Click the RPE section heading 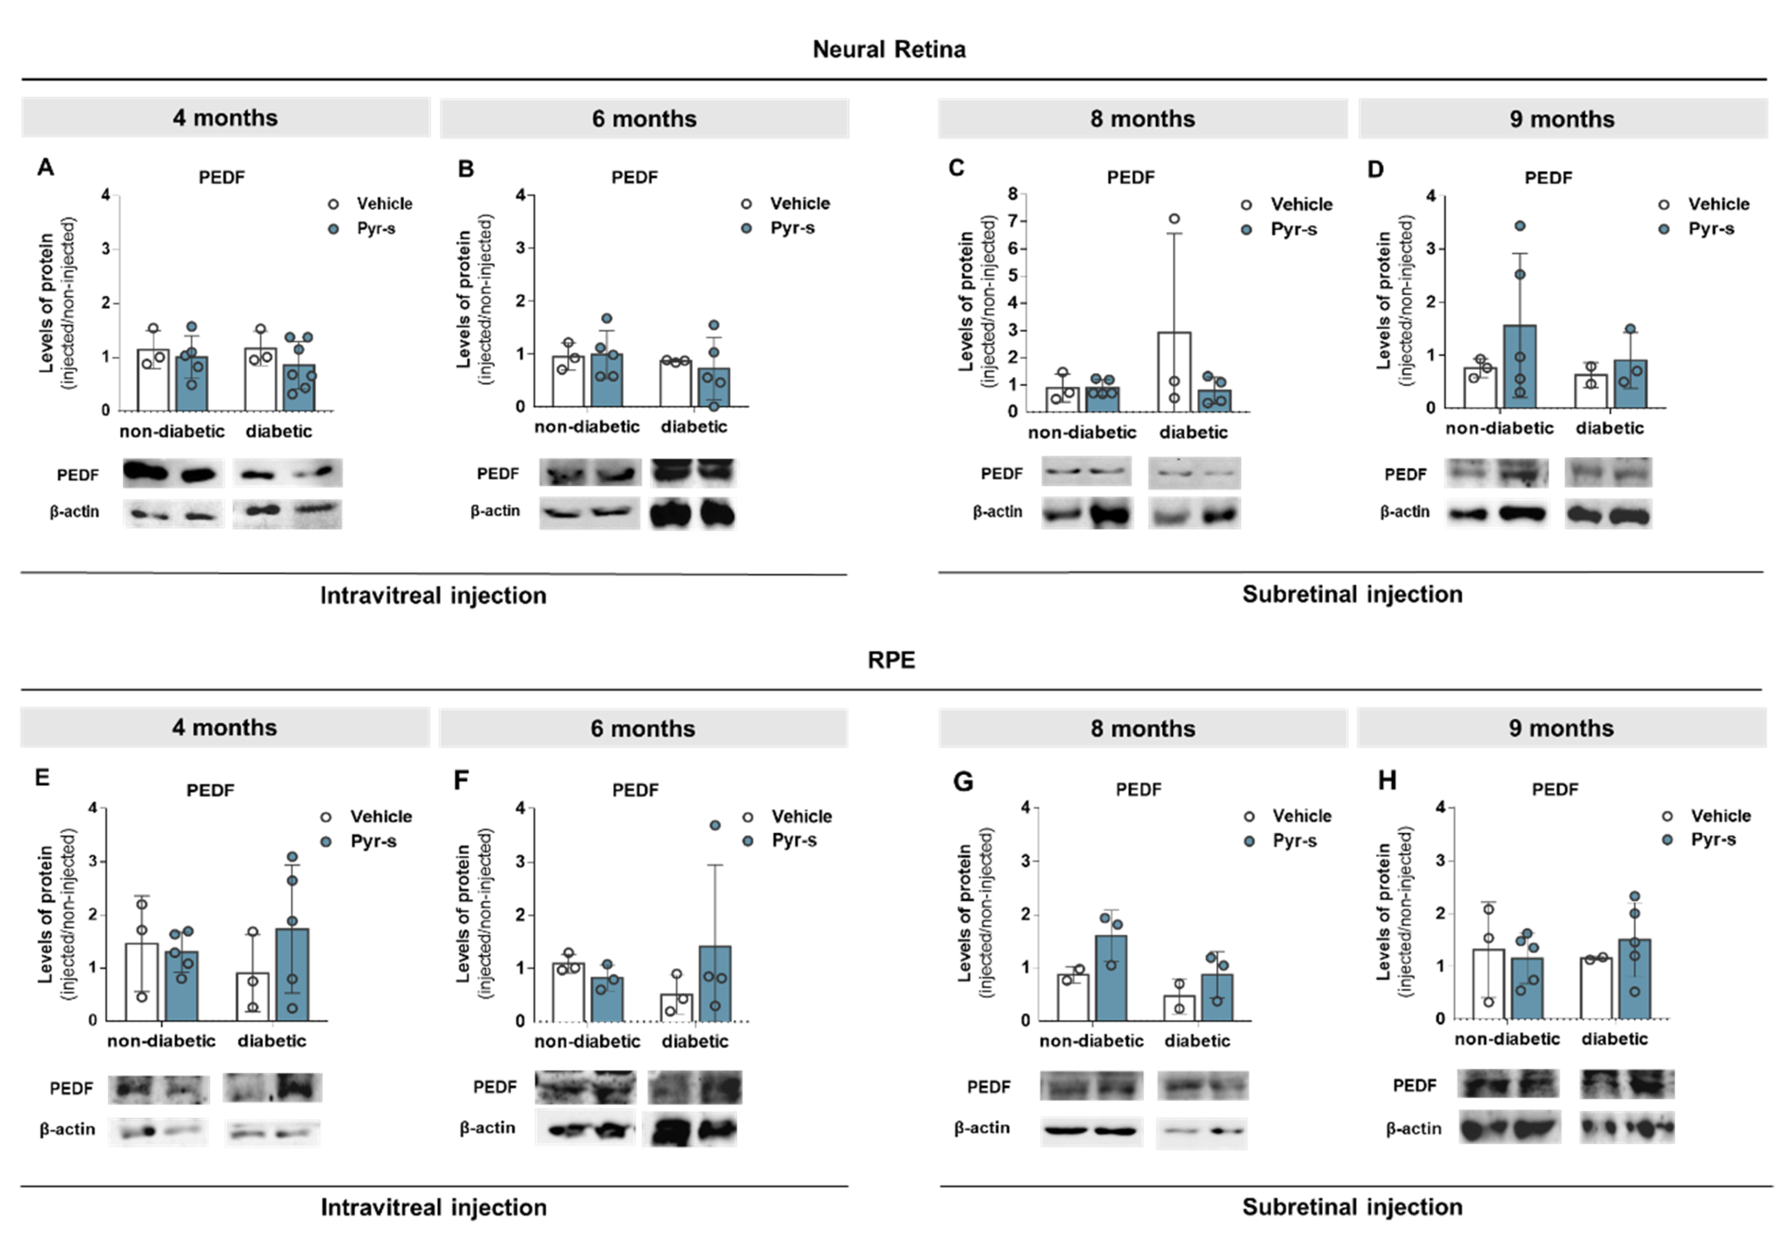coord(891,659)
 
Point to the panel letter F coord(461,780)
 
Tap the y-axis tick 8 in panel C coord(1012,194)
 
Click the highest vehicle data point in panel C coord(1174,219)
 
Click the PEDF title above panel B coord(635,177)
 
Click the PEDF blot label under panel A coord(78,475)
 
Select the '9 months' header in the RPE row coord(1561,728)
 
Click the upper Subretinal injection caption coord(1352,594)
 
